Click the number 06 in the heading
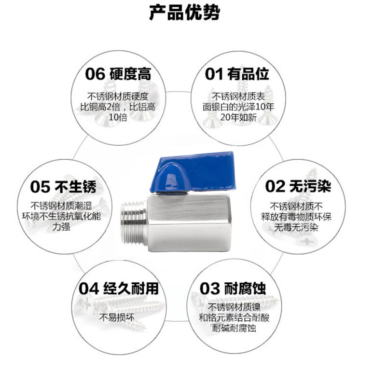(95, 74)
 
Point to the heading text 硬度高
(131, 74)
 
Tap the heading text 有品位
(248, 74)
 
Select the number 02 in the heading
(276, 186)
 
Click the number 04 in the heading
(89, 289)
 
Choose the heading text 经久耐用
(131, 289)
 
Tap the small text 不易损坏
(117, 317)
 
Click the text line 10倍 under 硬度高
(118, 117)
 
